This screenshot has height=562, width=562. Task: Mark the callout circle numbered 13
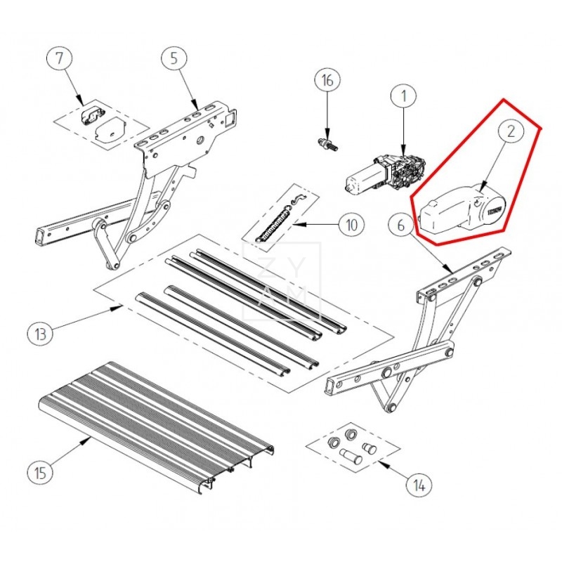41,332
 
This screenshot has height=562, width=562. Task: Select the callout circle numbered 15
41,471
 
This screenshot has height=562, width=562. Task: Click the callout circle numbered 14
419,484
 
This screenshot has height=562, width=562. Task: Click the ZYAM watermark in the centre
281,281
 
